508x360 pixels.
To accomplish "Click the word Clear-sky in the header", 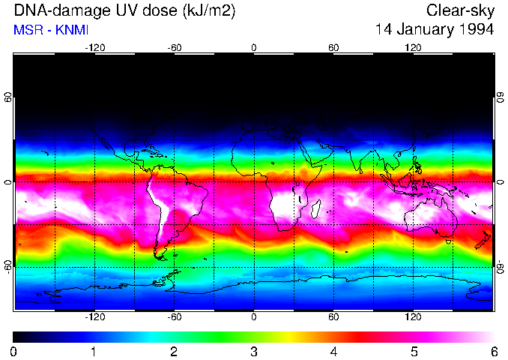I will (460, 10).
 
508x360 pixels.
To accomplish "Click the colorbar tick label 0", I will (14, 351).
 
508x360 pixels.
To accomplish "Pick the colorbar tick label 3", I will (254, 351).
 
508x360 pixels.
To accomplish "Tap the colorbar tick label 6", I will (493, 351).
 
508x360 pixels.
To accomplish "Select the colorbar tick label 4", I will (333, 351).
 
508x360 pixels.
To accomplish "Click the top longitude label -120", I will (94, 47).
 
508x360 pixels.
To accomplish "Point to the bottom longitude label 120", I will (413, 317).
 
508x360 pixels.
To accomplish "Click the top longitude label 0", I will (254, 47).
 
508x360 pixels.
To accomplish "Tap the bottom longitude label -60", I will (174, 317).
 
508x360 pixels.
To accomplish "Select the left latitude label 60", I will (7, 98).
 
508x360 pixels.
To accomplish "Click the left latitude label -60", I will (7, 265).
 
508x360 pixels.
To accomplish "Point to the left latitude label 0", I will (7, 182).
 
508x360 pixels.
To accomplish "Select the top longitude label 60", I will (333, 47).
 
